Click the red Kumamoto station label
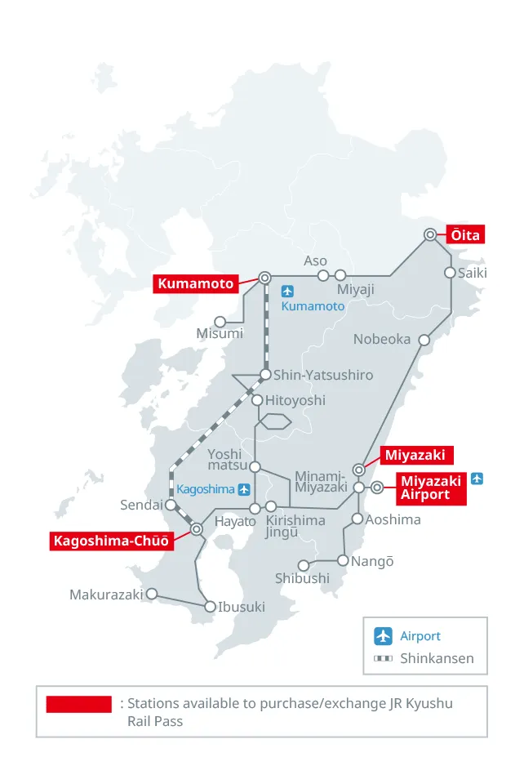click(196, 284)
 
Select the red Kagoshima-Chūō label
click(111, 541)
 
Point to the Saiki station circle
click(450, 273)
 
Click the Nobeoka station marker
click(424, 340)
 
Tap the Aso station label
click(315, 261)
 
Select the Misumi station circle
click(220, 322)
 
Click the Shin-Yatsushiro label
click(323, 375)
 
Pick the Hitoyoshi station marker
click(257, 400)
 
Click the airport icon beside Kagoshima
click(244, 489)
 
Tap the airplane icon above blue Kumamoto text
click(287, 291)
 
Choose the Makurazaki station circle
click(151, 595)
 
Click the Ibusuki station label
click(242, 607)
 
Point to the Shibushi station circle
click(304, 565)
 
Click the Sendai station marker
click(170, 505)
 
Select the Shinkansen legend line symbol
click(384, 658)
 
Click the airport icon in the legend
click(384, 636)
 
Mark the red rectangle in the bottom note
click(79, 704)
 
